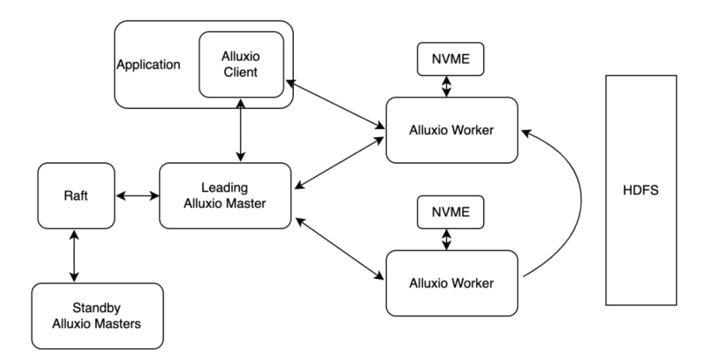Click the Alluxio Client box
click(x=241, y=64)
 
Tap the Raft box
click(x=76, y=195)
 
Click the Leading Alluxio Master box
click(x=225, y=195)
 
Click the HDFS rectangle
click(x=640, y=190)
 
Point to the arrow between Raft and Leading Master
click(x=137, y=195)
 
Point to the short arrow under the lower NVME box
click(x=446, y=239)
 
